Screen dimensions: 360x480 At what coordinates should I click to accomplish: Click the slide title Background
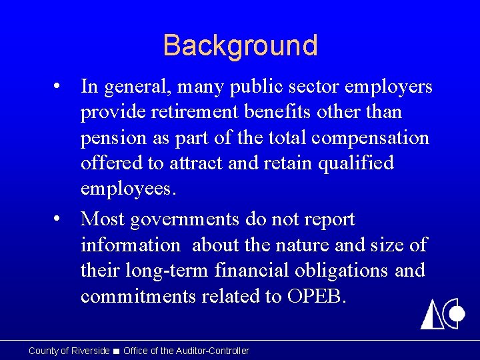click(240, 45)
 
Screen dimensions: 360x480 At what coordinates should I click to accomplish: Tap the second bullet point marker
click(60, 219)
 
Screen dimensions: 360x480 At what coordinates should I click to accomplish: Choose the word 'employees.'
click(129, 189)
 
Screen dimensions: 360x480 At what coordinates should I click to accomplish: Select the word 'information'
click(131, 245)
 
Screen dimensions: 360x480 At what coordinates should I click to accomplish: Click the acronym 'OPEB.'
click(317, 295)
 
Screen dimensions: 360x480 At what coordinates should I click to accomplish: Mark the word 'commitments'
click(139, 295)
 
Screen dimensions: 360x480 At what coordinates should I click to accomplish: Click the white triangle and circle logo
click(442, 313)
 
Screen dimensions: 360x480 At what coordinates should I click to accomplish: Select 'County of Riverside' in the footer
click(69, 351)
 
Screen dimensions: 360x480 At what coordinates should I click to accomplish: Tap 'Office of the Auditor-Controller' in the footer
click(186, 351)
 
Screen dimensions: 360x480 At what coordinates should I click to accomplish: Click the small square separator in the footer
click(117, 351)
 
